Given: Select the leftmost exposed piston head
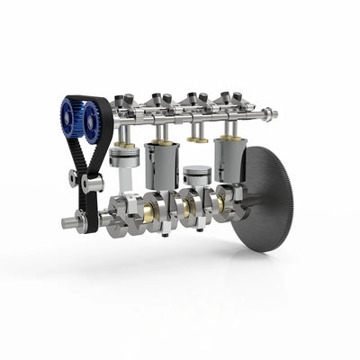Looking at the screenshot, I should coord(123,158).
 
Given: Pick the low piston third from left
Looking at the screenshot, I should coord(196,175).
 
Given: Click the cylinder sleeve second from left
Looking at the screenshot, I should coord(163,166).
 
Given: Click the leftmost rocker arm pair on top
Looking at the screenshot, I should coord(125,100).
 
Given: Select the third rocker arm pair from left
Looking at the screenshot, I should coord(197,99).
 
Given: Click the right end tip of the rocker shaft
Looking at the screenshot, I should coord(273,114).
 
